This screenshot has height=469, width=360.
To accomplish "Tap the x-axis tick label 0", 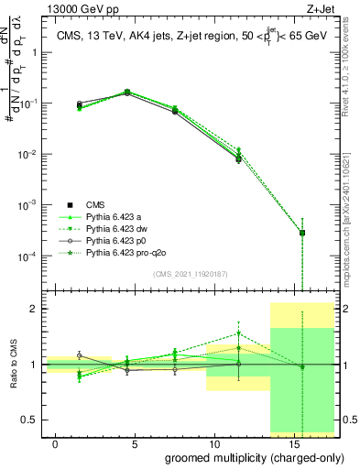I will pyautogui.click(x=56, y=443).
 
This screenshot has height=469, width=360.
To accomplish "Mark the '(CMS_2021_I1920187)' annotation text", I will pyautogui.click(x=190, y=273).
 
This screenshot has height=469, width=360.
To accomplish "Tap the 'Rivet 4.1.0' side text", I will pyautogui.click(x=352, y=87).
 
